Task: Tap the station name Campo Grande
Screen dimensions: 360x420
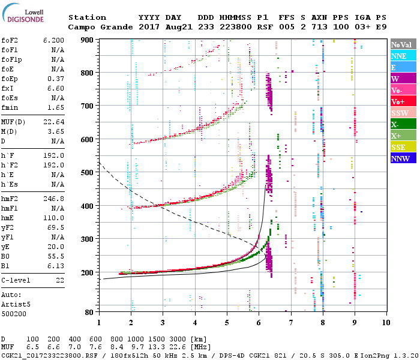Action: tap(97, 27)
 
